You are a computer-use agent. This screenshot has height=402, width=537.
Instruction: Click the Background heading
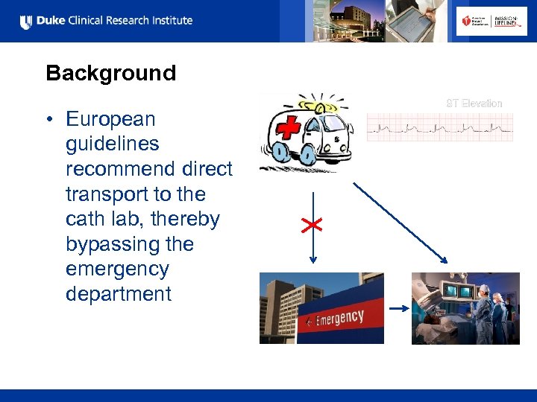click(110, 73)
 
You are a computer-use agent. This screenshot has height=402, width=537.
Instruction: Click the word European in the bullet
click(110, 119)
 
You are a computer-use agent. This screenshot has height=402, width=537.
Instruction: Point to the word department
click(118, 294)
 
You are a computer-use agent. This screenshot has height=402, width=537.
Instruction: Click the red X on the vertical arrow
click(312, 225)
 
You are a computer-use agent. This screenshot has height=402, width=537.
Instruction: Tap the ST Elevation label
click(474, 103)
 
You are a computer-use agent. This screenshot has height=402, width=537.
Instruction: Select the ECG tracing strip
click(440, 127)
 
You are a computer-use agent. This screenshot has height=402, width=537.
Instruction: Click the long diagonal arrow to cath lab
click(400, 222)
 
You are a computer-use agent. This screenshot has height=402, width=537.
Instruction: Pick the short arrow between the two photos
click(398, 307)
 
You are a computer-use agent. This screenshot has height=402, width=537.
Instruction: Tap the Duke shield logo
click(26, 22)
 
